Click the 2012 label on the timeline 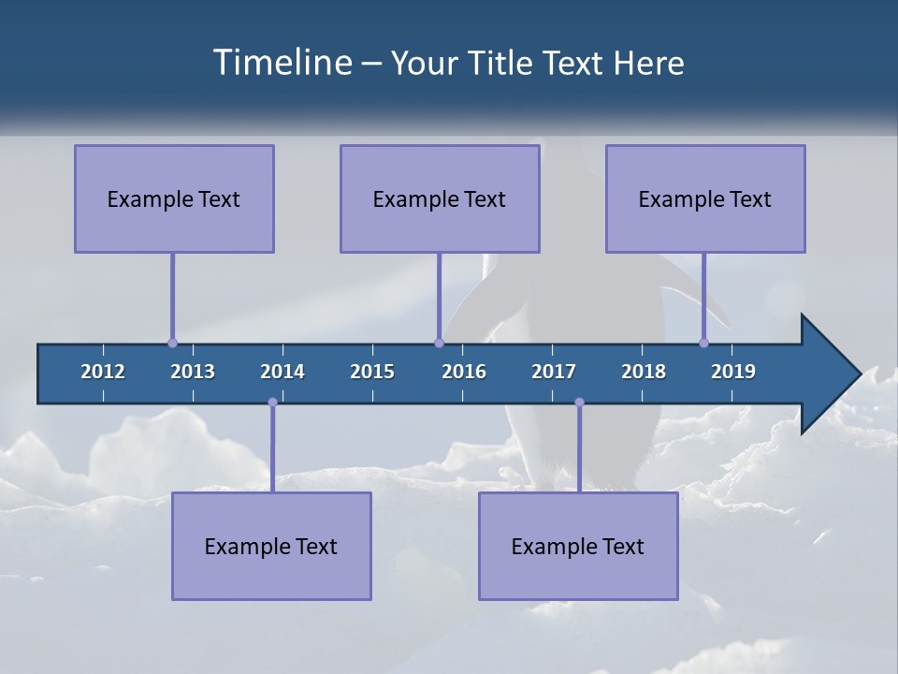pyautogui.click(x=103, y=372)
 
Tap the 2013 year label pyautogui.click(x=193, y=372)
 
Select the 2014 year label pyautogui.click(x=282, y=372)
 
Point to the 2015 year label pyautogui.click(x=372, y=372)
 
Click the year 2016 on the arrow pyautogui.click(x=464, y=372)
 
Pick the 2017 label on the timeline pyautogui.click(x=554, y=372)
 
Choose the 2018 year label pyautogui.click(x=644, y=372)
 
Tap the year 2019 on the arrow pyautogui.click(x=733, y=372)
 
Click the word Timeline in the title pyautogui.click(x=282, y=62)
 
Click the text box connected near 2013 pyautogui.click(x=174, y=198)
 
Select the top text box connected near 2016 pyautogui.click(x=440, y=198)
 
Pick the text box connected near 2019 pyautogui.click(x=705, y=198)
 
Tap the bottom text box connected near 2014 pyautogui.click(x=271, y=546)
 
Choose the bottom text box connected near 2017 pyautogui.click(x=578, y=546)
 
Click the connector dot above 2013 pyautogui.click(x=172, y=343)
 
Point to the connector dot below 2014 pyautogui.click(x=272, y=403)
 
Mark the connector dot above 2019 pyautogui.click(x=703, y=343)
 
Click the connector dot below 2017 pyautogui.click(x=579, y=403)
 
